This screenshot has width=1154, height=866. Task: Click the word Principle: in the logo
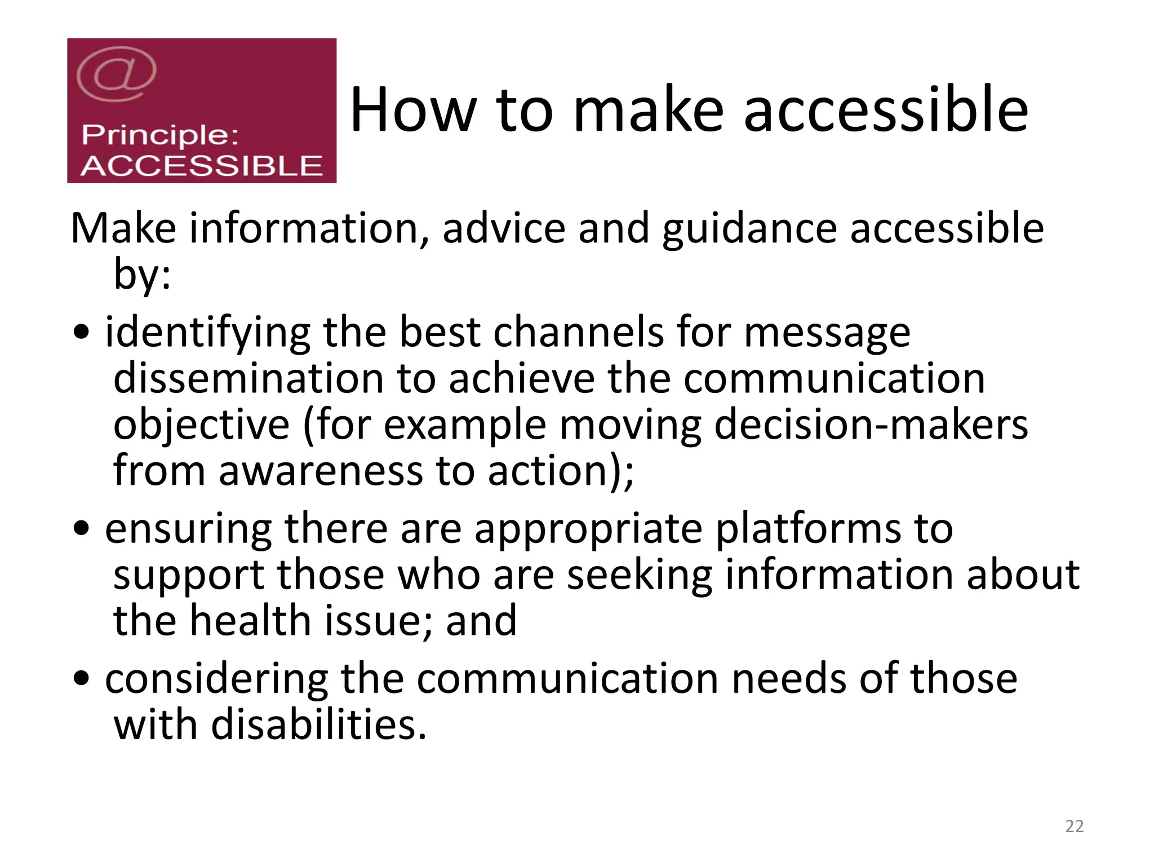click(x=160, y=135)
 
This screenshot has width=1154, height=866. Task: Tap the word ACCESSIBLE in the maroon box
click(x=201, y=166)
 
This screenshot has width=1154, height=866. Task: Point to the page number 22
click(x=1075, y=827)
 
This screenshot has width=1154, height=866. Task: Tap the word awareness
click(x=321, y=471)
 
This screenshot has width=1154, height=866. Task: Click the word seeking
click(x=639, y=576)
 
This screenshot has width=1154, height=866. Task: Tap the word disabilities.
click(x=319, y=725)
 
